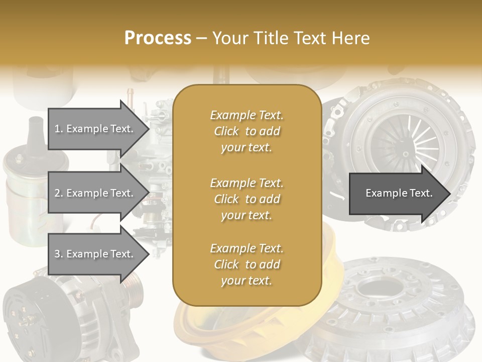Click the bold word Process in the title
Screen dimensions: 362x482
158,38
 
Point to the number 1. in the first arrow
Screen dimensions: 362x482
59,129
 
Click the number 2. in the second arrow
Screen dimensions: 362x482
59,193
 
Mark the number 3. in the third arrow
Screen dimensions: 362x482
59,254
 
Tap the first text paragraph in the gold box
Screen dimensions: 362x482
247,131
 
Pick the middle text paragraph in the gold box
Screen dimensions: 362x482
247,199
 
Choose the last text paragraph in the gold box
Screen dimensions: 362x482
247,264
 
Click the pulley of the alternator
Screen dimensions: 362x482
133,292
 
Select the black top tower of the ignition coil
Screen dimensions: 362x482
36,133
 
